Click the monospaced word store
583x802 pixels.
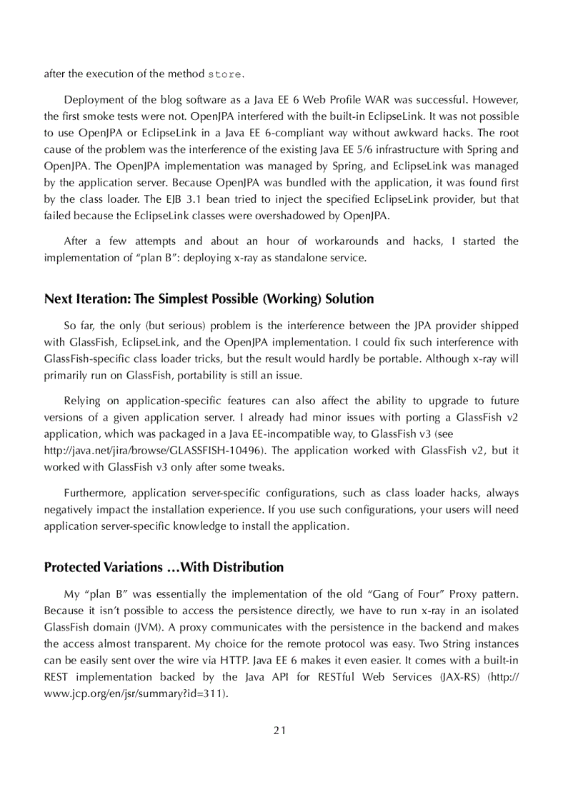tap(224, 74)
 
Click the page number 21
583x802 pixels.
tap(279, 730)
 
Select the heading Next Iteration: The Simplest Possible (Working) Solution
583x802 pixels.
tap(209, 299)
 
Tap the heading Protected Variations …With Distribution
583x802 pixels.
tap(164, 567)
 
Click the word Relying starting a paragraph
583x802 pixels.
tap(82, 401)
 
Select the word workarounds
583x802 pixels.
tap(344, 241)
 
